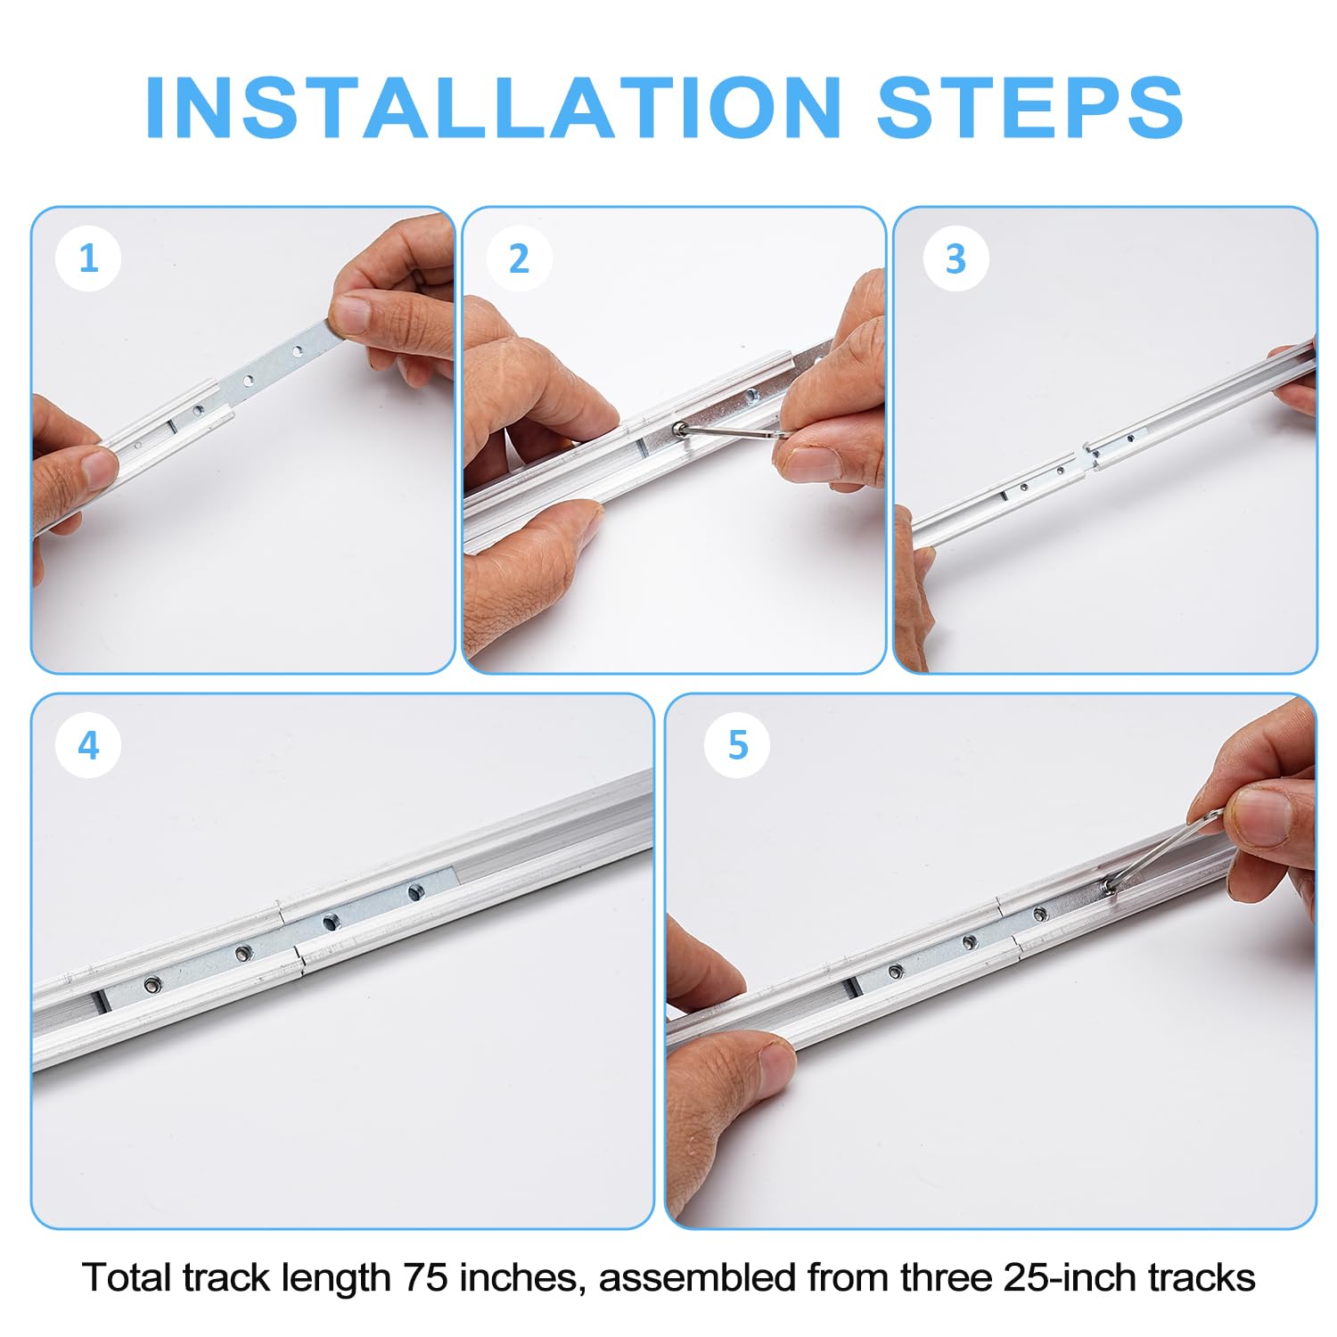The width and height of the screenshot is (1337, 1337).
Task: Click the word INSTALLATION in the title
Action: point(493,108)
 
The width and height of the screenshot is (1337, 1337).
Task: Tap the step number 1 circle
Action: point(88,258)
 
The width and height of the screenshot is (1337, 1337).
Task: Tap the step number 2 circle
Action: point(519,258)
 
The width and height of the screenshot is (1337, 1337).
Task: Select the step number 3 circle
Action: point(955,258)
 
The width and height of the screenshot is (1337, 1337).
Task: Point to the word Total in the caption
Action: point(127,1277)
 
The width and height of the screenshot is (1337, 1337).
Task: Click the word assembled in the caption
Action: point(698,1277)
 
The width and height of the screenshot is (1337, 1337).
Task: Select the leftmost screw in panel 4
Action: point(152,984)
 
